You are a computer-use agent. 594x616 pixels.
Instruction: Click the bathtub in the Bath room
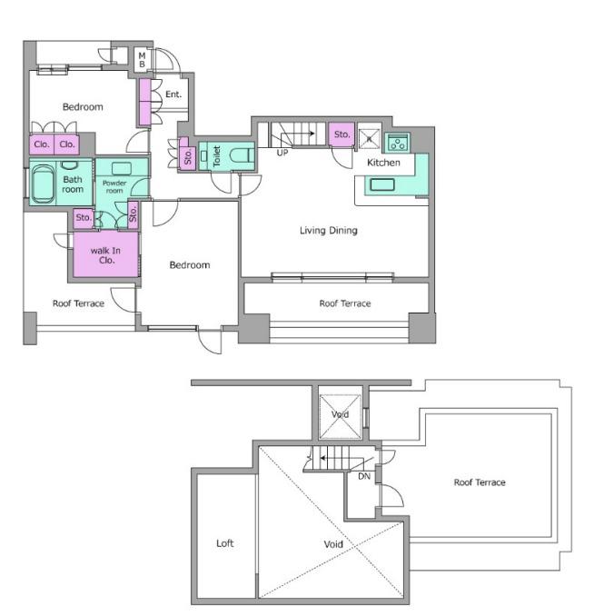pyautogui.click(x=44, y=184)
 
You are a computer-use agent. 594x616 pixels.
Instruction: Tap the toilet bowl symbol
pyautogui.click(x=242, y=155)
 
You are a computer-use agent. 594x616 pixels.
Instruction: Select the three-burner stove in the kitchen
pyautogui.click(x=398, y=143)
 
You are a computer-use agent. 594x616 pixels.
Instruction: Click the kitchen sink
pyautogui.click(x=382, y=184)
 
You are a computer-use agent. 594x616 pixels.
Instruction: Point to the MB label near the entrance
pyautogui.click(x=142, y=60)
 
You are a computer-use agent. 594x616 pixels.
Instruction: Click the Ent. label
pyautogui.click(x=173, y=94)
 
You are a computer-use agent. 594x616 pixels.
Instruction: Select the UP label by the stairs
pyautogui.click(x=282, y=153)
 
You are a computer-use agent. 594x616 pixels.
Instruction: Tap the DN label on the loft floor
pyautogui.click(x=364, y=476)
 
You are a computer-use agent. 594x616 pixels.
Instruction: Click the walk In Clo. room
pyautogui.click(x=105, y=254)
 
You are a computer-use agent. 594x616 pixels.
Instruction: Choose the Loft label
pyautogui.click(x=224, y=543)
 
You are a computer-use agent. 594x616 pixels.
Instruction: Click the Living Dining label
pyautogui.click(x=329, y=230)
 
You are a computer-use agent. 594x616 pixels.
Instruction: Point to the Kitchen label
pyautogui.click(x=383, y=163)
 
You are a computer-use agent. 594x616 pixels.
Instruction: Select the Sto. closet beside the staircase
pyautogui.click(x=342, y=134)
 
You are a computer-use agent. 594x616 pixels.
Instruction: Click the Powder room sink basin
pyautogui.click(x=122, y=168)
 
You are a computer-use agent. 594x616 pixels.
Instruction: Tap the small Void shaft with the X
pyautogui.click(x=340, y=416)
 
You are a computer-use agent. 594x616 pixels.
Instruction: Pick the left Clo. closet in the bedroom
pyautogui.click(x=42, y=144)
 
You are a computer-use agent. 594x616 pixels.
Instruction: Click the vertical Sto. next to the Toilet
pyautogui.click(x=187, y=155)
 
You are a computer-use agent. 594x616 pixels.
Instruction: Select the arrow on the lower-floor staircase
pyautogui.click(x=298, y=134)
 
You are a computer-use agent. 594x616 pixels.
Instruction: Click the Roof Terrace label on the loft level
pyautogui.click(x=480, y=482)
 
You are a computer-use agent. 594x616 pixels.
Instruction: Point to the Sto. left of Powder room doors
pyautogui.click(x=84, y=218)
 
